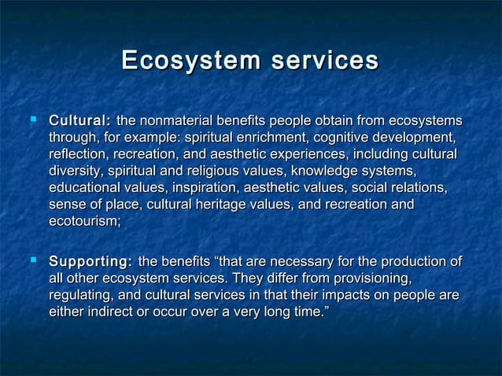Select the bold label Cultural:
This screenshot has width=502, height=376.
coord(79,121)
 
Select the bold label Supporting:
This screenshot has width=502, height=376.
coord(90,261)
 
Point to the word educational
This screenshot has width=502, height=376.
coord(84,189)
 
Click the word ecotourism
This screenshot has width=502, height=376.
coord(83,223)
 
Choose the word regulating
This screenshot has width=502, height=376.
coord(81,295)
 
